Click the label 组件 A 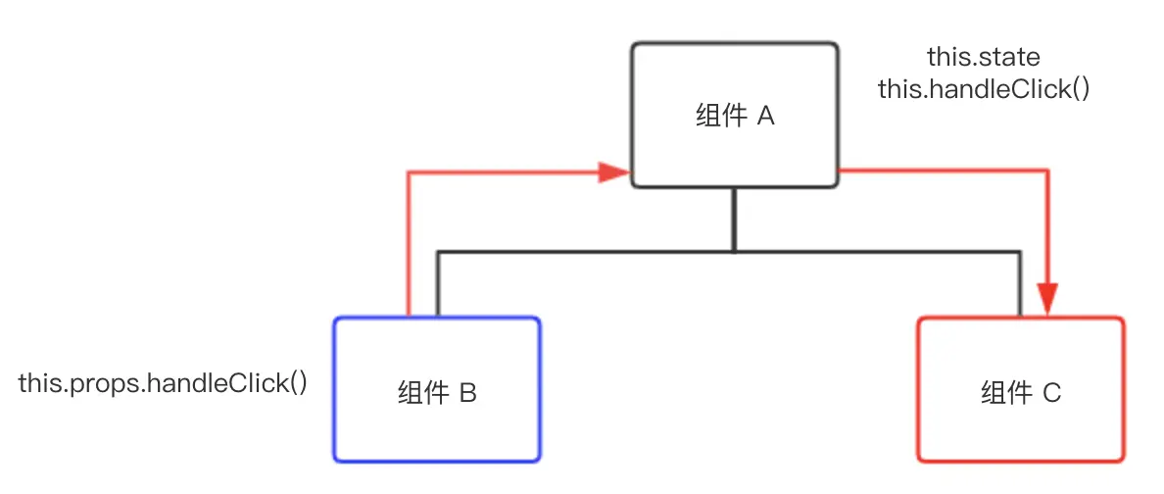pos(735,118)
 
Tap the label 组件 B pos(437,393)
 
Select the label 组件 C pos(1021,393)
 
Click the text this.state pos(984,57)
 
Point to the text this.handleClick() pos(984,89)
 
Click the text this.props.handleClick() pos(163,384)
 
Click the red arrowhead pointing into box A pos(614,173)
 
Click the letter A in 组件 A pos(766,118)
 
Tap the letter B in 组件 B pos(467,393)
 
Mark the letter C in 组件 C pos(1052,393)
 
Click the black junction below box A pos(734,253)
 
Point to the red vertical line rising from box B pos(409,245)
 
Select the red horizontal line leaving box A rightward pos(943,172)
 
